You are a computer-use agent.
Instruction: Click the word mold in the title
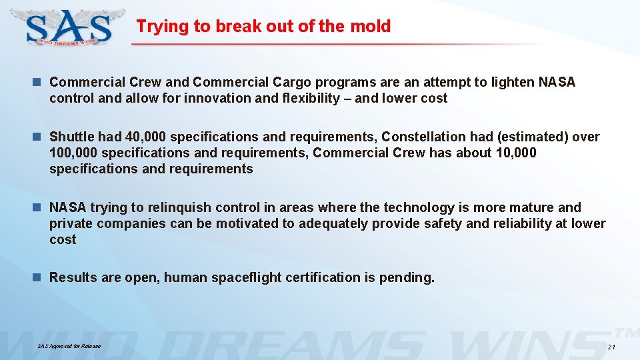tap(373, 27)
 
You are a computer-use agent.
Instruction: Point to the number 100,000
tap(73, 153)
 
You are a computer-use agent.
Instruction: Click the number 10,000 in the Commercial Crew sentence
tap(517, 153)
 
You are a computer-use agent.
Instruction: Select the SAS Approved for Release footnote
tap(69, 347)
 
